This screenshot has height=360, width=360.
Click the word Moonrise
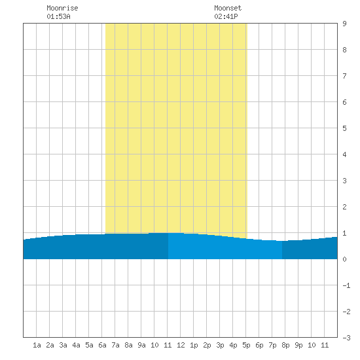(62, 8)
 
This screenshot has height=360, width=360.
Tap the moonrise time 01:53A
(58, 16)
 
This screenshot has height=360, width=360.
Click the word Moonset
(228, 8)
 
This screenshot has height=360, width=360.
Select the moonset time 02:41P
(226, 16)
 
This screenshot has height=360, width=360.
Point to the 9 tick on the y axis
(344, 24)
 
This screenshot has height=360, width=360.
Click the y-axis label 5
(344, 128)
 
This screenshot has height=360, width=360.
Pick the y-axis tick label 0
(344, 259)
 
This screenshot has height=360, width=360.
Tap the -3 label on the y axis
(346, 338)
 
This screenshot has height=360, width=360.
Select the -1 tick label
(346, 285)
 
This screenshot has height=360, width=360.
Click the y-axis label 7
(344, 76)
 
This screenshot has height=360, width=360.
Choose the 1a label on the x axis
(37, 345)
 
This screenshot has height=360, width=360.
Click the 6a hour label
(102, 345)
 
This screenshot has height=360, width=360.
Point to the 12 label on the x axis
(181, 345)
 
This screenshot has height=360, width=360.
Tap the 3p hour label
(220, 345)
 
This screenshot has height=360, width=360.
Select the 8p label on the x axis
(285, 345)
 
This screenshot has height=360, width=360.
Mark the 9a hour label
(141, 345)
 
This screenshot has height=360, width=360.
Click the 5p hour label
(246, 345)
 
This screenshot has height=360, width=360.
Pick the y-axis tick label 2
(344, 207)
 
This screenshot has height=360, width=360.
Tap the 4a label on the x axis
(76, 345)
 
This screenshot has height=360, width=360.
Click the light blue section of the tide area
(225, 248)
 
